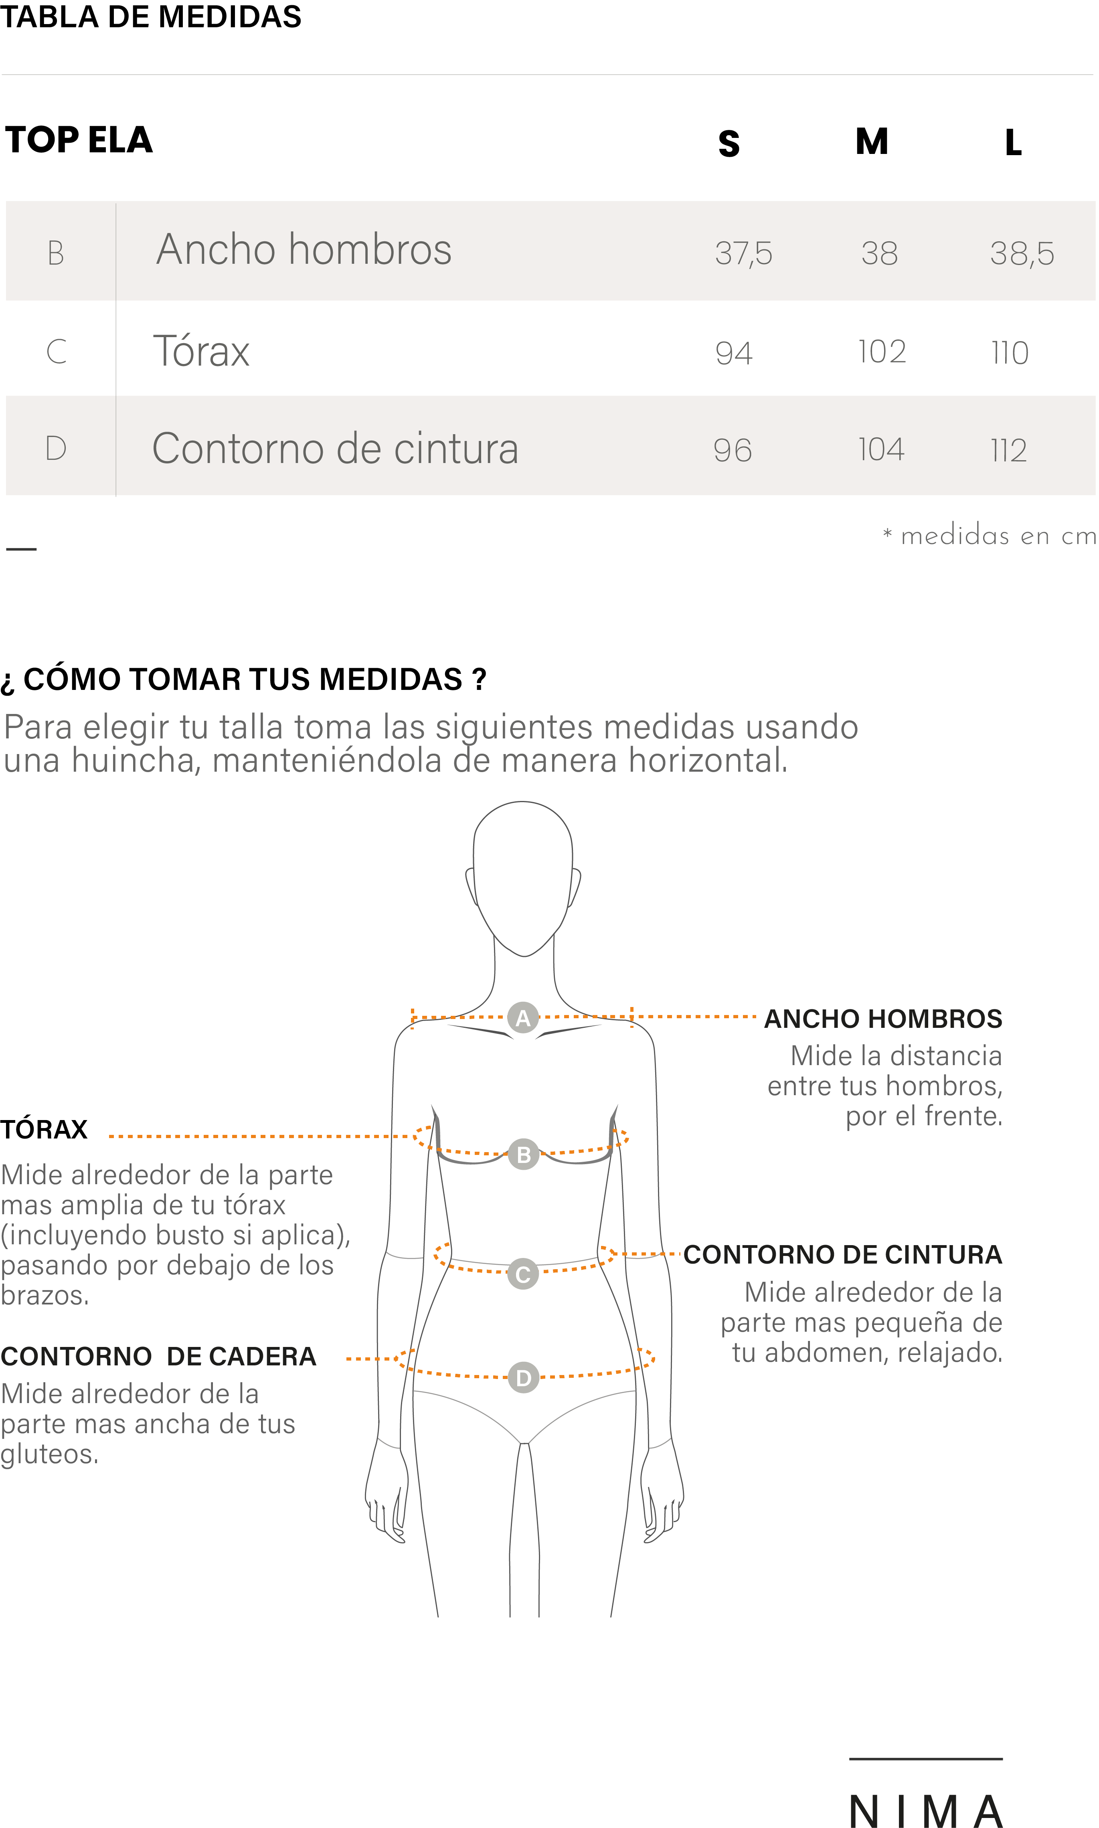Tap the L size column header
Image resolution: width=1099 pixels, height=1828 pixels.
tap(1013, 142)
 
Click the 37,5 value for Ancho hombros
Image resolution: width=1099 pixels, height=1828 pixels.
tap(743, 253)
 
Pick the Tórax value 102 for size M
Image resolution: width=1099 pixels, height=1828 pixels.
tap(882, 352)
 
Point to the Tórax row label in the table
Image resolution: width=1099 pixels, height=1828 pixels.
tap(201, 351)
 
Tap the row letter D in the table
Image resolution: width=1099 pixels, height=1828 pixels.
tap(56, 448)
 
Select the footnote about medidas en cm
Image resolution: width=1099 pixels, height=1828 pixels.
tap(990, 534)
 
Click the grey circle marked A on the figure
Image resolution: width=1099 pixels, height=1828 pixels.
tap(523, 1018)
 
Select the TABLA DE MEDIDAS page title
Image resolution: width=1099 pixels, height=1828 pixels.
tap(151, 16)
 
